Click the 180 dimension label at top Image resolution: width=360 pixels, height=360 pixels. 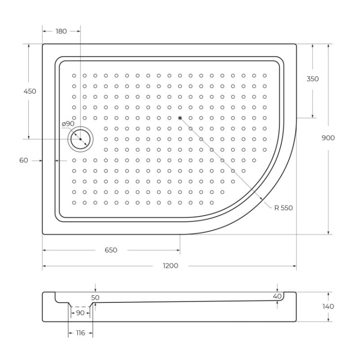(61, 31)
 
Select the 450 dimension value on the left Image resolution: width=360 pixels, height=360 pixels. (29, 91)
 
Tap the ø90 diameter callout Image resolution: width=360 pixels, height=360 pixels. (68, 124)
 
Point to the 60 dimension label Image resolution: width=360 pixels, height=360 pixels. (24, 161)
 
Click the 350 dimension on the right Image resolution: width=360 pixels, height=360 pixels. (312, 79)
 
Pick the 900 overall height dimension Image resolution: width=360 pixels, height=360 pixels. (328, 138)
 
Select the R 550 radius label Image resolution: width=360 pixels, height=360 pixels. (283, 208)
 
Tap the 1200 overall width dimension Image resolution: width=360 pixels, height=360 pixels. (170, 266)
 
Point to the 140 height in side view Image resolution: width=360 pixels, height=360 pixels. (328, 306)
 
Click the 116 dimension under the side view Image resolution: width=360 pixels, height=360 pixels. (80, 333)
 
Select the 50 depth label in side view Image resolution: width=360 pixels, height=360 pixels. (95, 298)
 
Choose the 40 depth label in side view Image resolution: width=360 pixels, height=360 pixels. (277, 297)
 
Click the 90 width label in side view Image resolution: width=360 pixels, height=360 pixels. (80, 313)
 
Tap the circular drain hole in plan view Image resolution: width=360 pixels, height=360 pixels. (81, 139)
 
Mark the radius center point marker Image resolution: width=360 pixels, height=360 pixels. (180, 118)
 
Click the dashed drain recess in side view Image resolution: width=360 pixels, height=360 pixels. (80, 306)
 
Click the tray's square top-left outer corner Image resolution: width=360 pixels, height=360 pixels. (43, 45)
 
